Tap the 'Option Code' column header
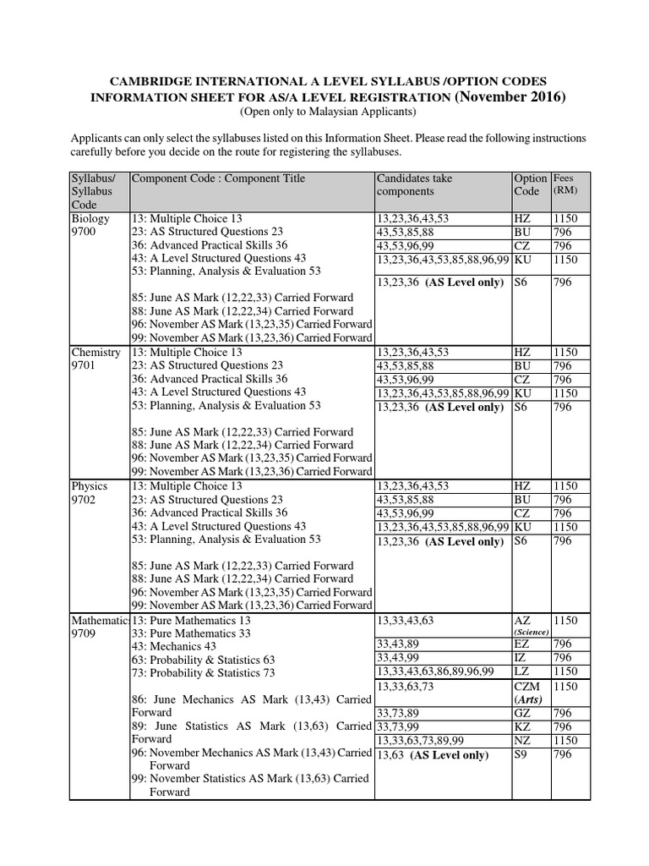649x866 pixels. [530, 185]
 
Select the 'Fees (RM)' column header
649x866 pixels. [565, 185]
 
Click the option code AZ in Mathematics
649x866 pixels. [521, 620]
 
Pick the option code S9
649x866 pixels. [521, 754]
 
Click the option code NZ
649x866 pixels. [521, 740]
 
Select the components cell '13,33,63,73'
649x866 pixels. [406, 687]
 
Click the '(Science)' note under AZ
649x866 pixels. [532, 632]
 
